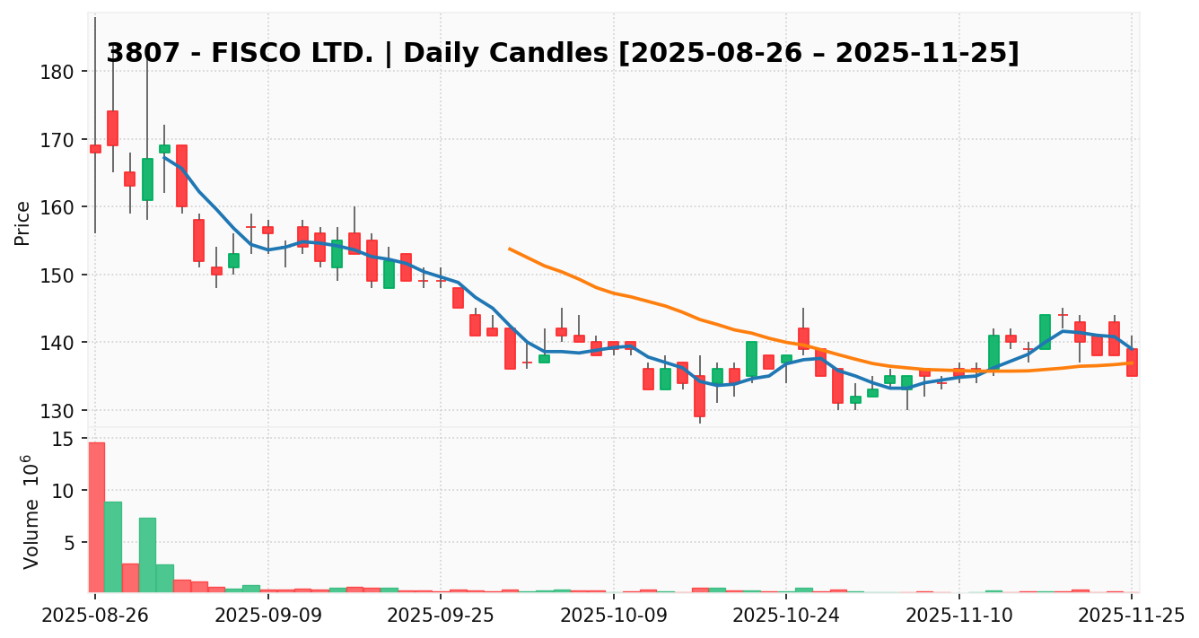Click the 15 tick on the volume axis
(x=63, y=439)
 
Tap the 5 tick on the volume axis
(x=68, y=542)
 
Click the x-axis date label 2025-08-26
(x=95, y=615)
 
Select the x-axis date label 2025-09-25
(x=441, y=615)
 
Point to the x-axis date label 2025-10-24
(x=786, y=615)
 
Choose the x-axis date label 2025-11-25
(x=1131, y=615)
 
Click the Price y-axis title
(x=22, y=223)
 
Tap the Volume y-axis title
(x=31, y=511)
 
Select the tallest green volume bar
(x=113, y=546)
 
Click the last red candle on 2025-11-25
(x=1132, y=363)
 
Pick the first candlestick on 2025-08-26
(x=95, y=149)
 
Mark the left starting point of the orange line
(x=510, y=249)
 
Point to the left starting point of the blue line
(x=164, y=156)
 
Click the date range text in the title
(x=819, y=53)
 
